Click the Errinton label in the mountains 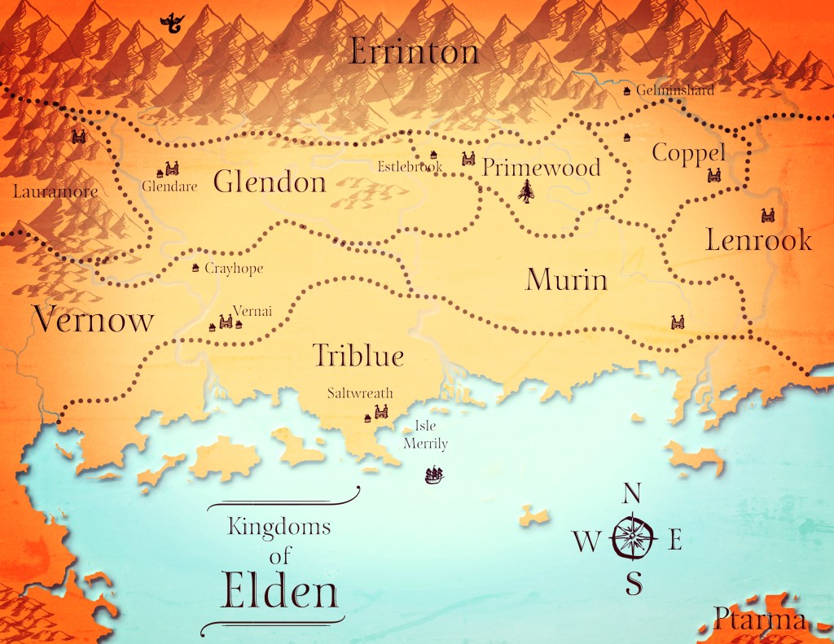(x=414, y=52)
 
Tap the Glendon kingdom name (x=270, y=182)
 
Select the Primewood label (x=541, y=168)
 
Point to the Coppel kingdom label (x=688, y=154)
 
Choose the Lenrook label (x=758, y=240)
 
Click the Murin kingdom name (x=566, y=279)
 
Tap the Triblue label (x=358, y=356)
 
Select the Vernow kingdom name (x=93, y=319)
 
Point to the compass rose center (x=632, y=537)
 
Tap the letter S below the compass (x=634, y=582)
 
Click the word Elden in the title (x=279, y=593)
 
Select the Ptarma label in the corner (x=760, y=620)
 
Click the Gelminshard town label (x=675, y=90)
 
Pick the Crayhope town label (x=234, y=268)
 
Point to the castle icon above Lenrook (x=766, y=216)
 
